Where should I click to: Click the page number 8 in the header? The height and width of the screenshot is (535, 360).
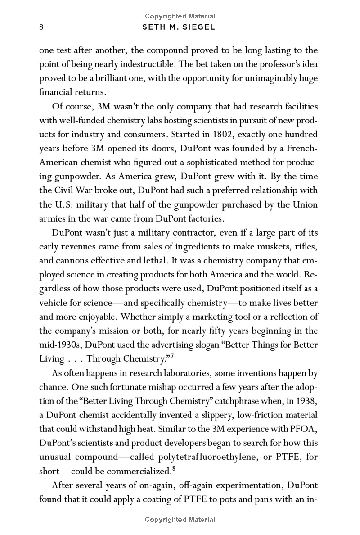coord(41,27)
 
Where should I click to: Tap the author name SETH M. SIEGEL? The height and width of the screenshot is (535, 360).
coord(179,27)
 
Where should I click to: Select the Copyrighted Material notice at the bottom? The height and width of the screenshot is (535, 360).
coord(180,520)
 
